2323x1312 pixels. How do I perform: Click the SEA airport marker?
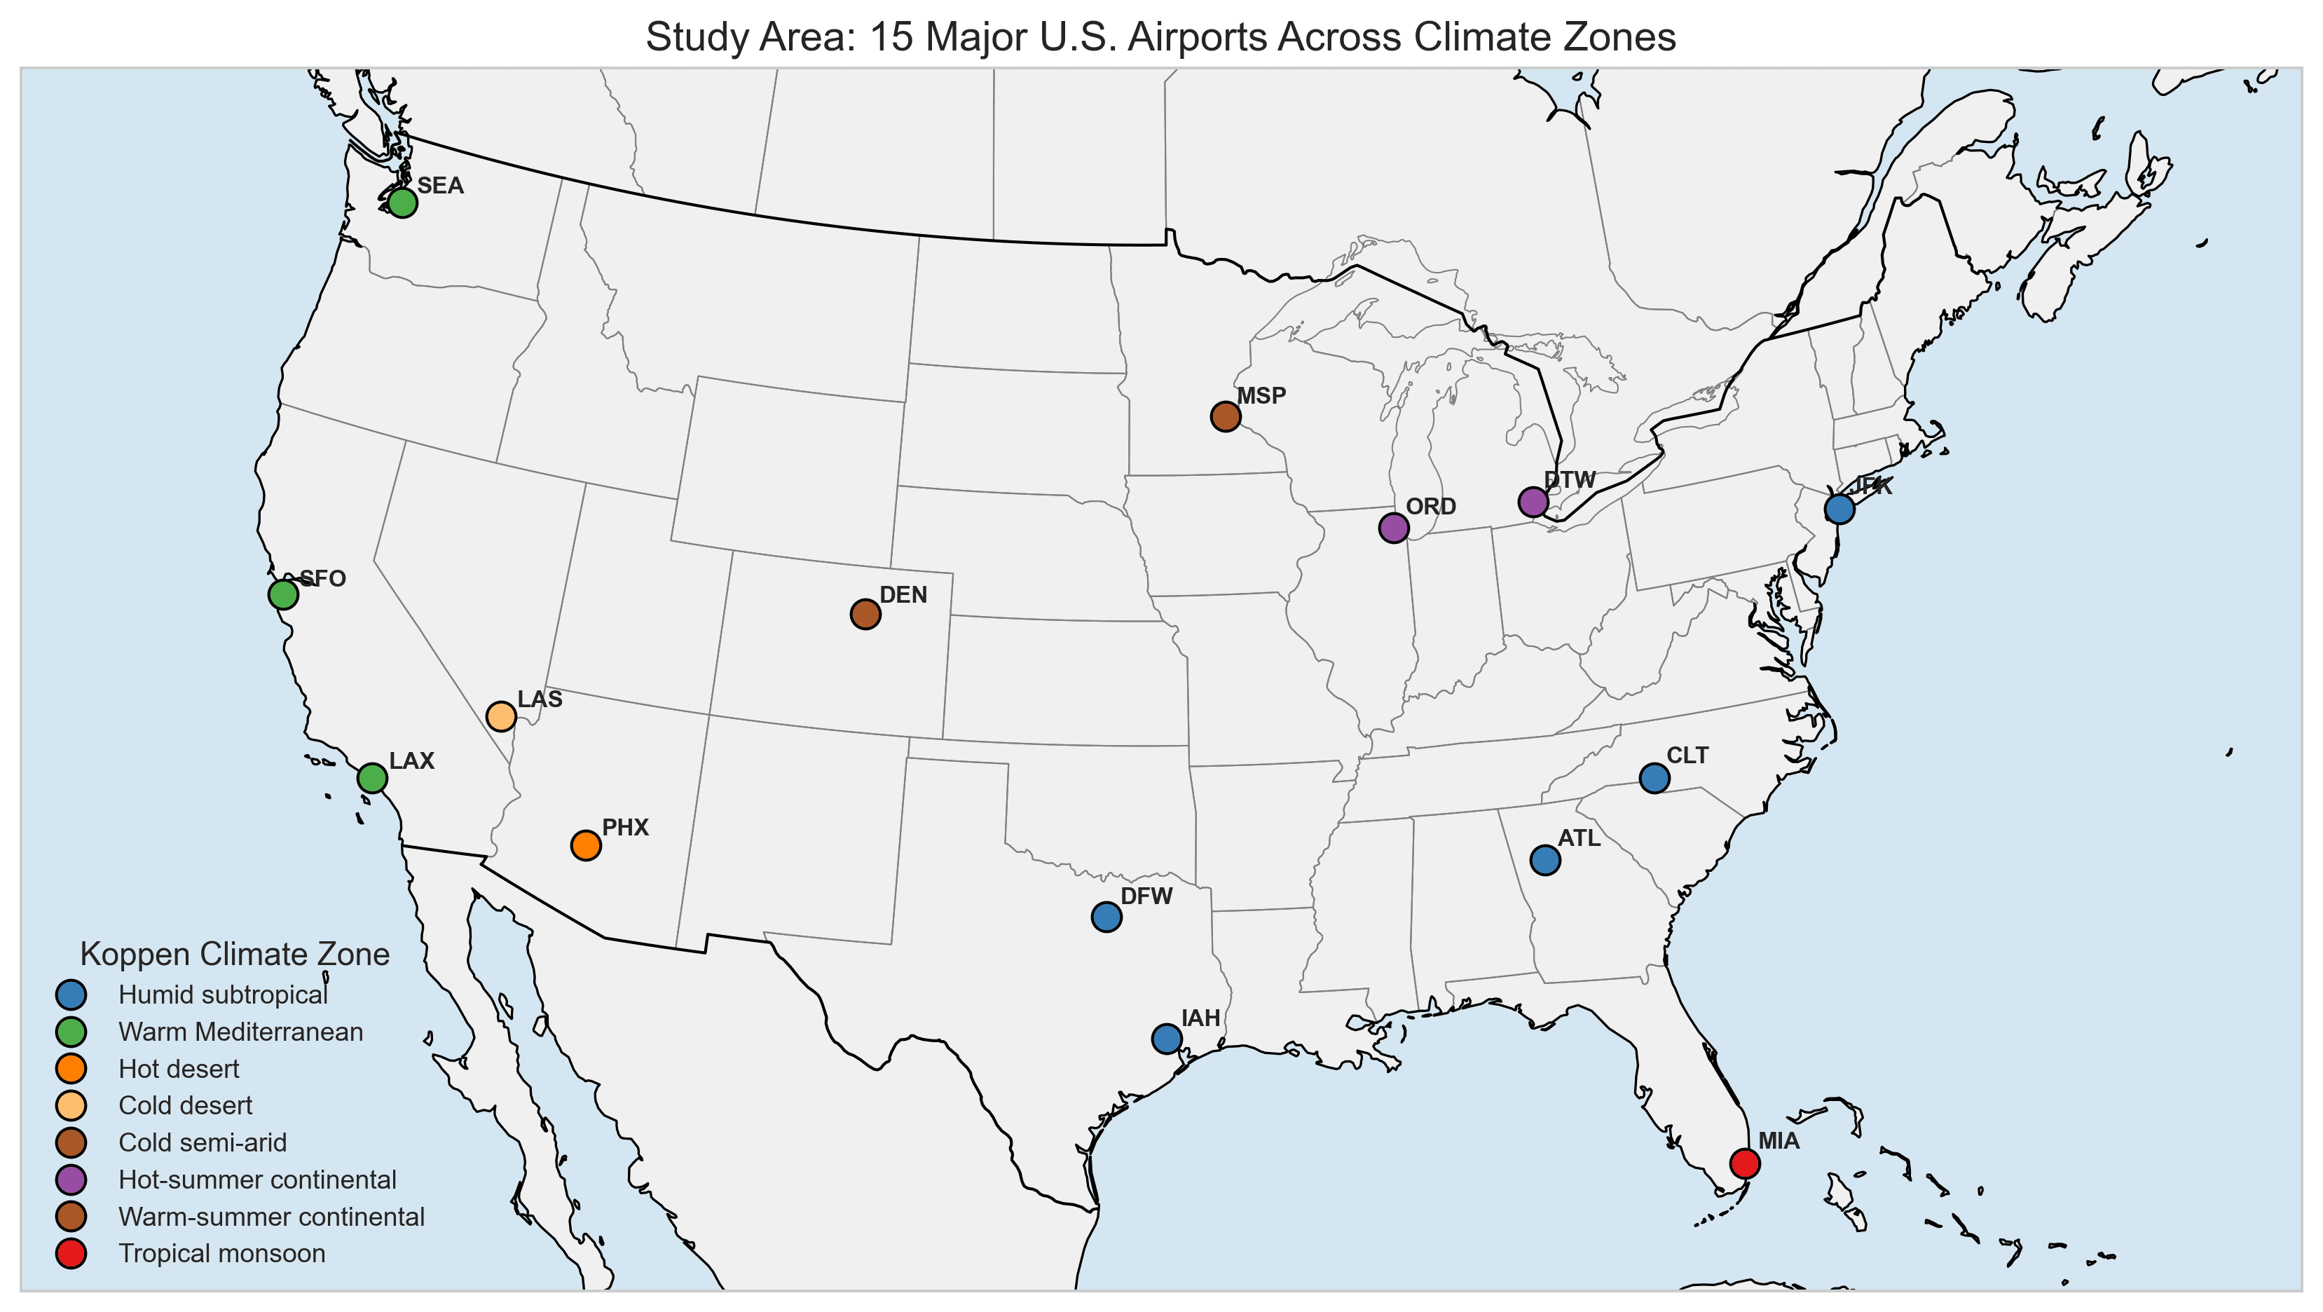(x=402, y=203)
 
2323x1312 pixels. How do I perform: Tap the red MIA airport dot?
(x=1745, y=1163)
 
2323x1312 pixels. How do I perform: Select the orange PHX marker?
(x=586, y=845)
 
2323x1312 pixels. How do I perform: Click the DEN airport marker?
(x=865, y=614)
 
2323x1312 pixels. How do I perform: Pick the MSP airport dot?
(x=1226, y=416)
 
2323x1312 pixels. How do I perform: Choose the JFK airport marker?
(x=1839, y=509)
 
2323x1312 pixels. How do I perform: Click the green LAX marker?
(x=372, y=777)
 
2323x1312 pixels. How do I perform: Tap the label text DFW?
(x=1146, y=896)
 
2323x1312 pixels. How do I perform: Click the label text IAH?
(x=1200, y=1019)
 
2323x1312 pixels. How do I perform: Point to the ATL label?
(x=1579, y=839)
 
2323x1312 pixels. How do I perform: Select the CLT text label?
(x=1687, y=756)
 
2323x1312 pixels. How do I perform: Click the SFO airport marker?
(x=283, y=594)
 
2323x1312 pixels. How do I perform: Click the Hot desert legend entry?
(x=179, y=1070)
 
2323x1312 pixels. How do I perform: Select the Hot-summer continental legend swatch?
(x=71, y=1180)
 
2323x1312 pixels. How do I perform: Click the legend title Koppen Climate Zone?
(x=235, y=954)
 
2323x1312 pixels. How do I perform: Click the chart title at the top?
(x=1160, y=38)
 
